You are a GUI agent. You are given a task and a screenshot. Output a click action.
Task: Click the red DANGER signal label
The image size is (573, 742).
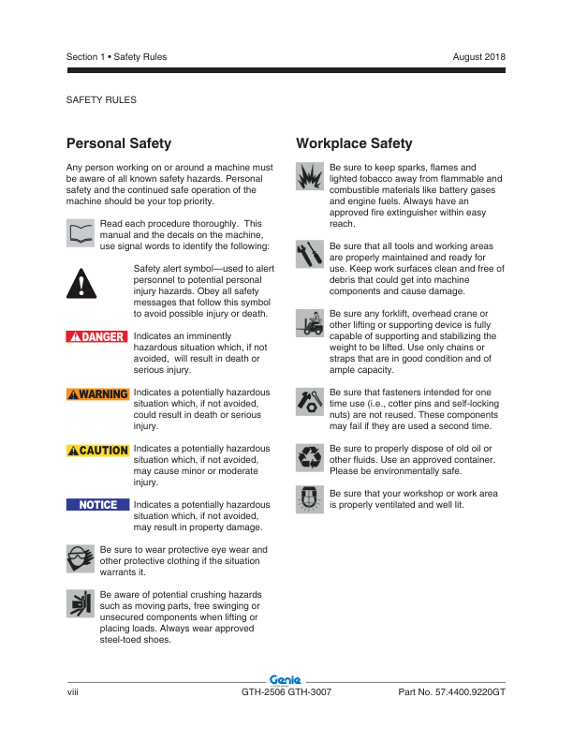tap(97, 336)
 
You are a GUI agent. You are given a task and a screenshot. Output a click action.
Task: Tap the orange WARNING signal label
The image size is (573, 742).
tap(97, 393)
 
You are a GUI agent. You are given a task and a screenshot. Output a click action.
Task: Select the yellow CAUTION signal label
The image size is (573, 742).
tap(97, 451)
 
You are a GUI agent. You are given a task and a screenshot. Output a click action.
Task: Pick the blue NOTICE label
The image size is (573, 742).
tap(97, 505)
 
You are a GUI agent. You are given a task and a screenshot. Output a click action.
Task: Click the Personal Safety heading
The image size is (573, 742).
tap(119, 143)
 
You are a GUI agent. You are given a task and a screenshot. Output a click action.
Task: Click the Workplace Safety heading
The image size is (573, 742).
tap(354, 143)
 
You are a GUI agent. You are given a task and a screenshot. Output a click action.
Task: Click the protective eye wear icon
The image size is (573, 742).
tap(82, 559)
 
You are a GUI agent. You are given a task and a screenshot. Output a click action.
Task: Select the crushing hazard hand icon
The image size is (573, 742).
tap(82, 605)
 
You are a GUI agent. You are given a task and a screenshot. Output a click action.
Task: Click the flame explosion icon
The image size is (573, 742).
tap(310, 175)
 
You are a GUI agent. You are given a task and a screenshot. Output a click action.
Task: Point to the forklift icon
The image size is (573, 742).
tap(310, 321)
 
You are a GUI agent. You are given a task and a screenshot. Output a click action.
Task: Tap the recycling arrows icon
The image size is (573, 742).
tap(310, 457)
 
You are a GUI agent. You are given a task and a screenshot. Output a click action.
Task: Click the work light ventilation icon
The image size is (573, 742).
tap(310, 499)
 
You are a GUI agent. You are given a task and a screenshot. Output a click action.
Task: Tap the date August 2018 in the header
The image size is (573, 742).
tap(478, 57)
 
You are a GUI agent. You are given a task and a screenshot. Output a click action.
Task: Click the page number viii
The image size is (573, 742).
tap(72, 691)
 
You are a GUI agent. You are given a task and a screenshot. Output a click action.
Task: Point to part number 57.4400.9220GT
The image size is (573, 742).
tap(451, 691)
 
